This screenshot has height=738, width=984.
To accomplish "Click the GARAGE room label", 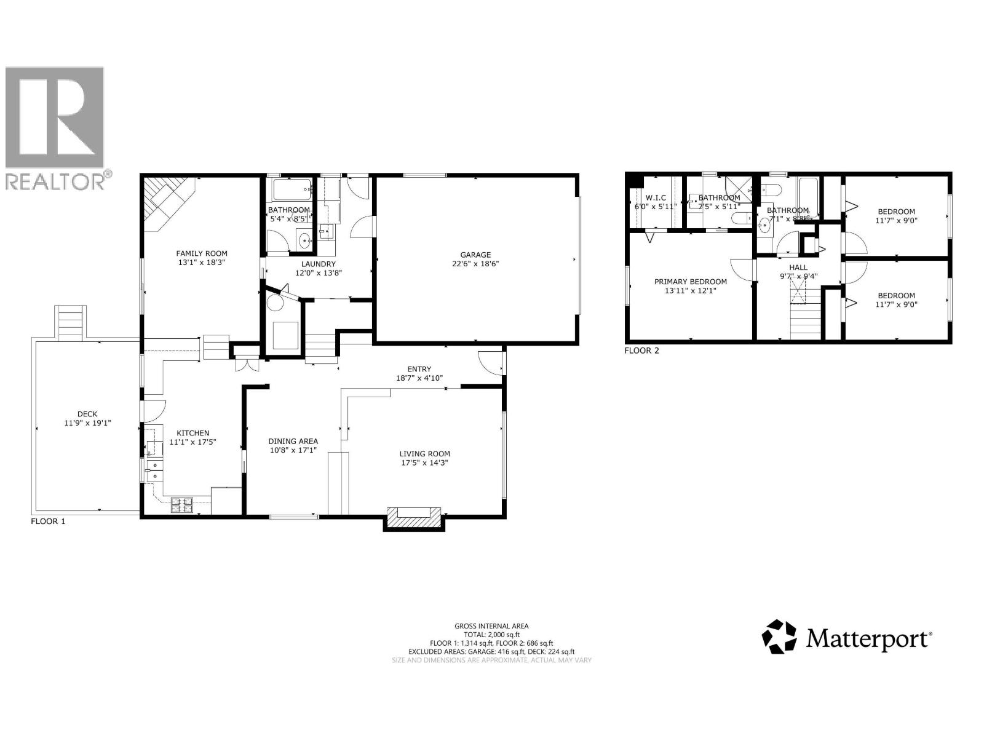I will coord(475,255).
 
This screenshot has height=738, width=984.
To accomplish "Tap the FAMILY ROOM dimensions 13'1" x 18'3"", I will coord(202,263).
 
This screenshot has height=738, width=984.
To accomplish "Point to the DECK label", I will coord(87,414).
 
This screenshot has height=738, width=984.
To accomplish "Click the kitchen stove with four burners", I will coord(182,505).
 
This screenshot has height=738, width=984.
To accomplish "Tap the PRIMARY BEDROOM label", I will coord(690,282).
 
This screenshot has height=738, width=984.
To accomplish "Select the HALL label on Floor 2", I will coord(798,267).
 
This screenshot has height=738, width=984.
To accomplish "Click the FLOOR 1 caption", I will coord(48,521).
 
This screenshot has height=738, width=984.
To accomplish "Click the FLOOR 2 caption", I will coord(641,351).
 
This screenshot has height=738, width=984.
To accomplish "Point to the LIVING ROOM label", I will coord(424,454).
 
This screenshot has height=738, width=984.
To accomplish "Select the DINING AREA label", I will coord(293,441).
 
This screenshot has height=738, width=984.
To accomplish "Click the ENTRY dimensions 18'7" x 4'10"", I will coord(419,378).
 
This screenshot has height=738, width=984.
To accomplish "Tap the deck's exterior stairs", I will coord(69,323).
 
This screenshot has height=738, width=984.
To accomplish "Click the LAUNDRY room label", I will coord(318,264).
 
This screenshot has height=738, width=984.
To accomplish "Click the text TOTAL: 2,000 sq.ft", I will coord(491,634).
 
